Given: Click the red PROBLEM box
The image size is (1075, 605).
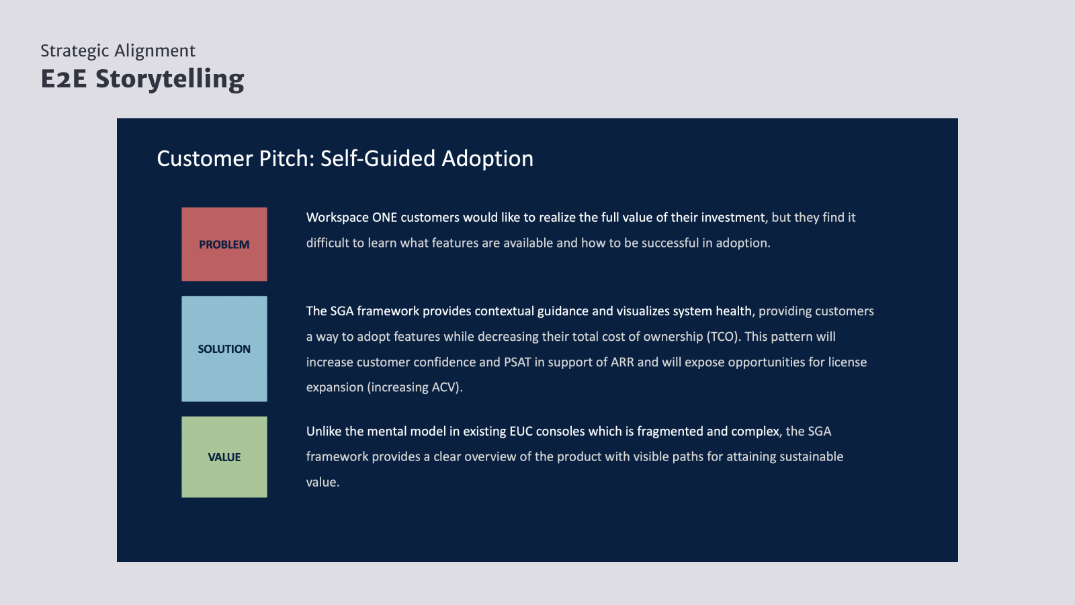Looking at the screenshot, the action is pos(224,244).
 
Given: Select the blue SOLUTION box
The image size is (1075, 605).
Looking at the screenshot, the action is pos(224,349).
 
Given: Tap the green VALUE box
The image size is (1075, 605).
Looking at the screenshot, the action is pos(224,456).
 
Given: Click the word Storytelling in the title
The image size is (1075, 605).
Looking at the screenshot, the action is pos(170,79).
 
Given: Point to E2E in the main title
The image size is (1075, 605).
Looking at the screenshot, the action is pos(64,79).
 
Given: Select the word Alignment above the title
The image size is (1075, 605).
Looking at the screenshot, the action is pos(155,50).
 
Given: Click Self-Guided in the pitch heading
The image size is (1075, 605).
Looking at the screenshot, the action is pos(378,159).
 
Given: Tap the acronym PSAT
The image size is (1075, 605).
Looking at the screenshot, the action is pos(517,362).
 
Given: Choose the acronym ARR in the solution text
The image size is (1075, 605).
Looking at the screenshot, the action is pos(622,362).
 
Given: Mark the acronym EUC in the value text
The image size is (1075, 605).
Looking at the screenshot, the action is pos(521,432).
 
